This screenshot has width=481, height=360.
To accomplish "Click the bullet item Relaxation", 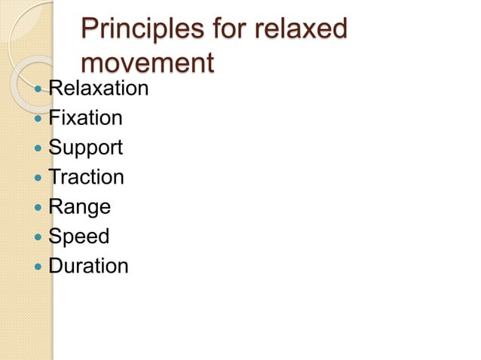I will [99, 89].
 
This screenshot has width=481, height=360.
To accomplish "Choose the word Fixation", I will [85, 118].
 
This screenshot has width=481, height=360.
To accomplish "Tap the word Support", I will [85, 148].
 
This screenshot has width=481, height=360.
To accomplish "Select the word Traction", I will [86, 177].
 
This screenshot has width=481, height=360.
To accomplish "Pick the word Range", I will [79, 207].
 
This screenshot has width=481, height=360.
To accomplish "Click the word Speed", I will [79, 236].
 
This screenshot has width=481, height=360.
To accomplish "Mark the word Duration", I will [88, 266].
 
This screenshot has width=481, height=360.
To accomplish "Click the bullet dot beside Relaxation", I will [38, 90].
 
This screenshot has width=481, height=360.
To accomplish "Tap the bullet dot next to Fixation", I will [38, 119].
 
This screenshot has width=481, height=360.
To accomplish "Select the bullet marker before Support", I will [38, 148].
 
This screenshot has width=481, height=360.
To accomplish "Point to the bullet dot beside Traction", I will [38, 178].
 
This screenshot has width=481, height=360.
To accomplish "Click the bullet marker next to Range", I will [38, 207].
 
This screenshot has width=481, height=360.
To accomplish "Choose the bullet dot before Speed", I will [38, 236].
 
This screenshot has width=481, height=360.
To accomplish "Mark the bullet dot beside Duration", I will [38, 266].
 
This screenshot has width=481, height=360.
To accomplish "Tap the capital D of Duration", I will [55, 266].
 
